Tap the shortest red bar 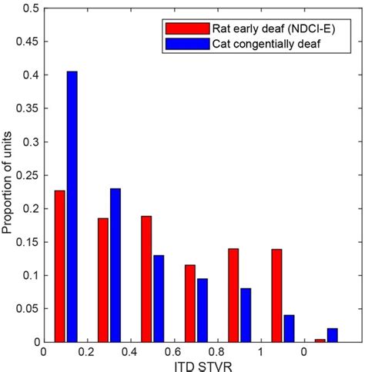point(320,340)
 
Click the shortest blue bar point(333,334)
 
